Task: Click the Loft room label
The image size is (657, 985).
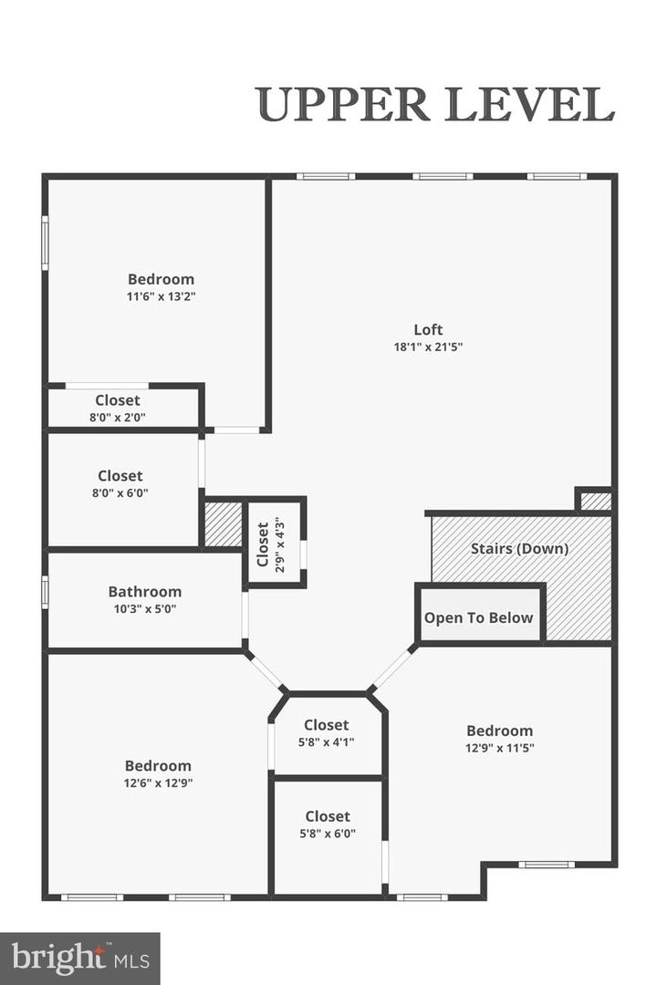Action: pyautogui.click(x=428, y=329)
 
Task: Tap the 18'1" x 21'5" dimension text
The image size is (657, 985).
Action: pyautogui.click(x=428, y=347)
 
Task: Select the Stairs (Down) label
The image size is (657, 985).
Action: pyautogui.click(x=519, y=548)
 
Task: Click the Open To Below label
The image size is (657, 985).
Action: pyautogui.click(x=478, y=618)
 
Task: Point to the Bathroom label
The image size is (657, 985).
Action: pyautogui.click(x=144, y=592)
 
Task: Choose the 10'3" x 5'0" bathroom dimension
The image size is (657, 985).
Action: pyautogui.click(x=144, y=608)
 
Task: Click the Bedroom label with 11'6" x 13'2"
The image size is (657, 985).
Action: pyautogui.click(x=161, y=279)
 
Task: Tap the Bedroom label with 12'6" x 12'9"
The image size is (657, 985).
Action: pyautogui.click(x=158, y=766)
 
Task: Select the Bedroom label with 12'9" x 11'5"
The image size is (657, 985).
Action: pyautogui.click(x=500, y=731)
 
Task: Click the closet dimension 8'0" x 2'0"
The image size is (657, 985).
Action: pyautogui.click(x=118, y=417)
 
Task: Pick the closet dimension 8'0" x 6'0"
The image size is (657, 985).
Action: pyautogui.click(x=120, y=493)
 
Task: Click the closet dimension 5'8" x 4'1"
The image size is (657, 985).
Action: pyautogui.click(x=327, y=741)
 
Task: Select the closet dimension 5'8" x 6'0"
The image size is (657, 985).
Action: pyautogui.click(x=328, y=834)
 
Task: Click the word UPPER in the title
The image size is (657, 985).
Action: pyautogui.click(x=343, y=105)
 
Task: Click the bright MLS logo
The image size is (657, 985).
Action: pyautogui.click(x=80, y=959)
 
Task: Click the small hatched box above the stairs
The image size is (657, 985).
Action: pyautogui.click(x=595, y=502)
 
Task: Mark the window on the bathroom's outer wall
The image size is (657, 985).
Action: pyautogui.click(x=45, y=593)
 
